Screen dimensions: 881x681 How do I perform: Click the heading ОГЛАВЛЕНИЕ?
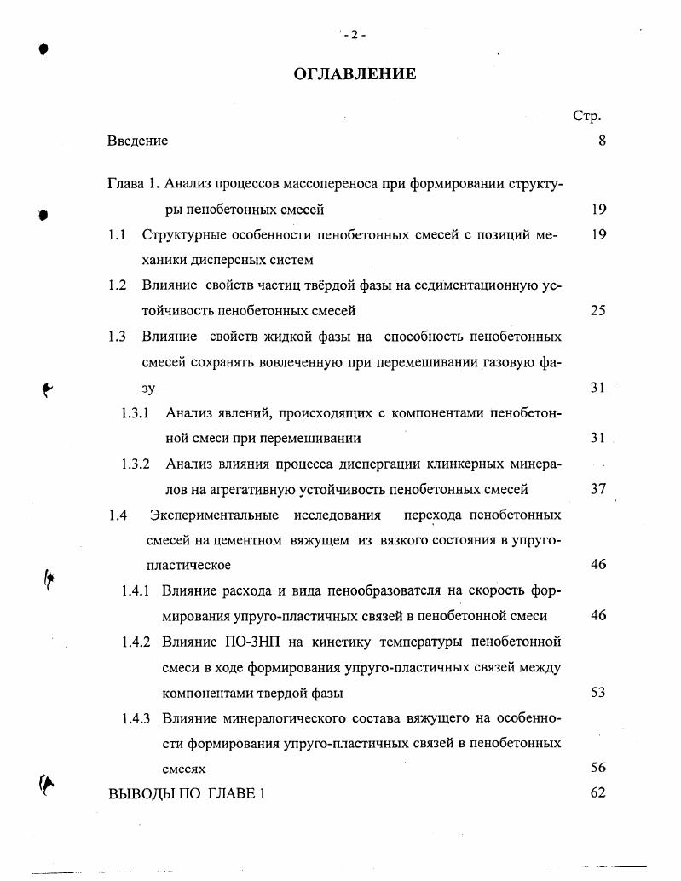355,74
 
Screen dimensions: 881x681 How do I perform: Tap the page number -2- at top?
354,35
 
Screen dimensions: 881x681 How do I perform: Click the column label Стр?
587,116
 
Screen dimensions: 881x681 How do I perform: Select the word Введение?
138,141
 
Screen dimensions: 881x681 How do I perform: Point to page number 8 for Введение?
602,141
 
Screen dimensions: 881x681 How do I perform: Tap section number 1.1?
118,234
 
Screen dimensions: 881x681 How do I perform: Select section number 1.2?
118,285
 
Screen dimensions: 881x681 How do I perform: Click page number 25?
597,311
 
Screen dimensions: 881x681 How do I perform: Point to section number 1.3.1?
136,413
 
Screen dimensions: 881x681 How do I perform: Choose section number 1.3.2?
136,464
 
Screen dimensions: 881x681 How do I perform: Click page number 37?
597,489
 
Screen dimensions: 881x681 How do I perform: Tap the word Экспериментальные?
215,515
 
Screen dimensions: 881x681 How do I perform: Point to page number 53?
597,692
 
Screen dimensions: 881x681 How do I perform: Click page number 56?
597,768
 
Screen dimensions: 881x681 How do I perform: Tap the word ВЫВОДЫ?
139,793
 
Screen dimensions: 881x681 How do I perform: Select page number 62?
597,793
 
